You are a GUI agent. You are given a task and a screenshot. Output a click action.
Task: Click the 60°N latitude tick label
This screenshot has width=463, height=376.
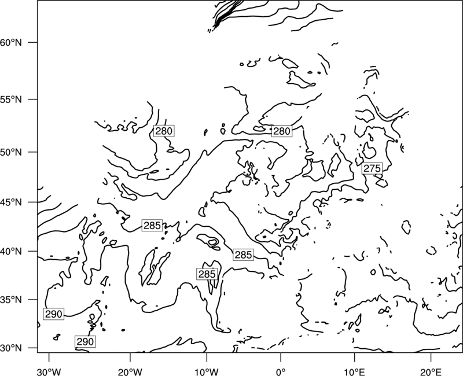coord(11,42)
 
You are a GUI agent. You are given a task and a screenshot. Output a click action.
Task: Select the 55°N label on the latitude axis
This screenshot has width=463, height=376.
coord(11,99)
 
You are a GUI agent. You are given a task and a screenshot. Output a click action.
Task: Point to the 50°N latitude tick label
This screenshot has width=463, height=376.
coord(11,152)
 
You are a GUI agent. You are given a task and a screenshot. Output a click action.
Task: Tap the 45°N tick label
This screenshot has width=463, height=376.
coord(11,202)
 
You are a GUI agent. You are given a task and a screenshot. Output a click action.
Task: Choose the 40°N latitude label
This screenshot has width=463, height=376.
coord(11,252)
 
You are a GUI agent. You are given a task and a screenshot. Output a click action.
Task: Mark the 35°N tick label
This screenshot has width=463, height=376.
coord(11,300)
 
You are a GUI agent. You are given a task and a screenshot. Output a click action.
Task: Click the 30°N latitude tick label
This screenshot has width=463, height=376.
coord(11,348)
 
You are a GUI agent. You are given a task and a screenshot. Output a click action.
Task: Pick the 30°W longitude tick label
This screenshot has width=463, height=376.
coord(49,372)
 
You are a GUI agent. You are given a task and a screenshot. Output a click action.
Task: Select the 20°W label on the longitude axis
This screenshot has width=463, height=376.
coord(130,372)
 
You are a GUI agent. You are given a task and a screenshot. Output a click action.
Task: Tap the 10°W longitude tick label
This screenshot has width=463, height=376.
coord(207,372)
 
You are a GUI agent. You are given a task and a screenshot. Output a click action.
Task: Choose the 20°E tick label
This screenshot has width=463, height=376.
coord(431,372)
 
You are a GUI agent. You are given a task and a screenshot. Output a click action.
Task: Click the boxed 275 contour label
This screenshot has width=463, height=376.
coord(372,168)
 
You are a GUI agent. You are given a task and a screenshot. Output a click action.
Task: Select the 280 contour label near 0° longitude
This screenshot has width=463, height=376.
coord(282,131)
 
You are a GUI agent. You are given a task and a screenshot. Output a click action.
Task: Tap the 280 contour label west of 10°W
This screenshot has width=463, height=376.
coord(164,131)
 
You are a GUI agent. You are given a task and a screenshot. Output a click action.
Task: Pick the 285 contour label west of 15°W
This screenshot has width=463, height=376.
coord(152,226)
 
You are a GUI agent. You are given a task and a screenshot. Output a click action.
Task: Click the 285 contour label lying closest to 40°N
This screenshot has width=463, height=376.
coord(243,255)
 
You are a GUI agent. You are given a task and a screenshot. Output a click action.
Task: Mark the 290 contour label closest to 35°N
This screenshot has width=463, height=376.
coord(54,314)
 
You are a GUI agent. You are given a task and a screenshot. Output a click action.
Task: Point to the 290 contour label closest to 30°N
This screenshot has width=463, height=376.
coord(85,341)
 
